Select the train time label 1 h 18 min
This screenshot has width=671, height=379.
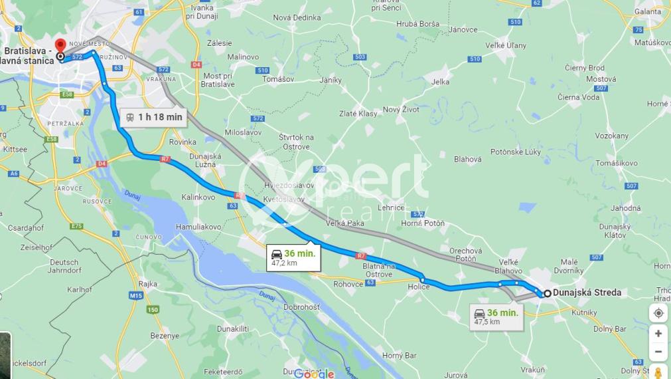tap(153, 117)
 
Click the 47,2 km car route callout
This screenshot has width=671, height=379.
tap(293, 257)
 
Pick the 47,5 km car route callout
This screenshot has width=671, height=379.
tap(496, 316)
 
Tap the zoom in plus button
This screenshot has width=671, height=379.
tap(658, 333)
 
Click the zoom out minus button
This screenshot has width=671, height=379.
tap(658, 352)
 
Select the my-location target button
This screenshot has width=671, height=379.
tap(658, 313)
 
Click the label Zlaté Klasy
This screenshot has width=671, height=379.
tap(358, 114)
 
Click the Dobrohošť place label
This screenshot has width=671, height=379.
tap(301, 308)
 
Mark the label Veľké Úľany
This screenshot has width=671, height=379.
tap(506, 45)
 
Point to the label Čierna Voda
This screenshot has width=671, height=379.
tap(578, 97)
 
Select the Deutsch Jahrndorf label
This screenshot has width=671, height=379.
tap(64, 266)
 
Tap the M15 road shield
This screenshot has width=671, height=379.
tap(137, 295)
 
